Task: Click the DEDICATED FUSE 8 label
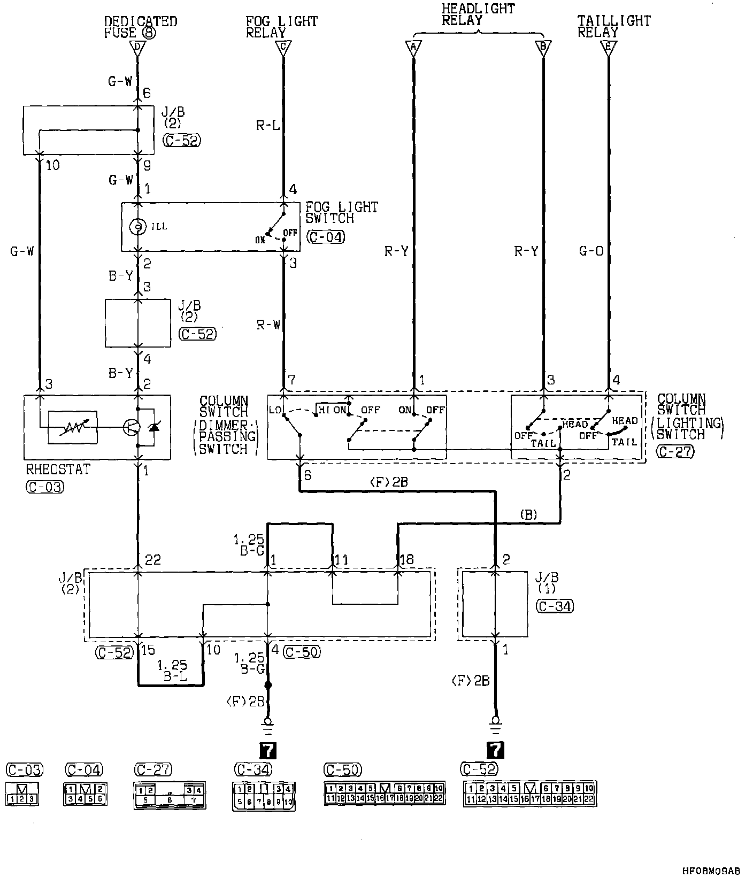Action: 140,27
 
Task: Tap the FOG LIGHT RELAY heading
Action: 281,27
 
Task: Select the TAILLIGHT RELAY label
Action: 613,27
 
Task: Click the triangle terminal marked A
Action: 413,48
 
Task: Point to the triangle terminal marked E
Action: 608,48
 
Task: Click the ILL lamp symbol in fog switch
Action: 138,226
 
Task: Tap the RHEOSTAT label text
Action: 58,469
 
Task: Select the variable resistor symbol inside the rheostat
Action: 73,427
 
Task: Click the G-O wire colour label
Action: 591,251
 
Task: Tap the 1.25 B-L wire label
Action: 172,671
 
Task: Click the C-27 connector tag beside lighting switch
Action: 675,452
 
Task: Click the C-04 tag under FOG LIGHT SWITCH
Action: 326,237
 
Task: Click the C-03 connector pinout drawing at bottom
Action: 22,794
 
